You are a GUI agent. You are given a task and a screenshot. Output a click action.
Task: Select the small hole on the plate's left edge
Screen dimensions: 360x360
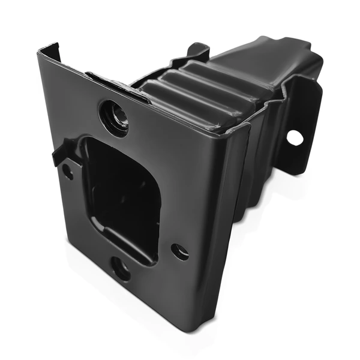[68, 172]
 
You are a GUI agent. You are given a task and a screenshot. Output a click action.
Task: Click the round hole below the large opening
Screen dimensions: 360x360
[121, 268]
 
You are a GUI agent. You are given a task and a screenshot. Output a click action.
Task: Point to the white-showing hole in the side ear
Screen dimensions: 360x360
[295, 137]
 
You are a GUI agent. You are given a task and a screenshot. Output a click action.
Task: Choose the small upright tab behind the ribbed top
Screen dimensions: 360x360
[199, 50]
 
